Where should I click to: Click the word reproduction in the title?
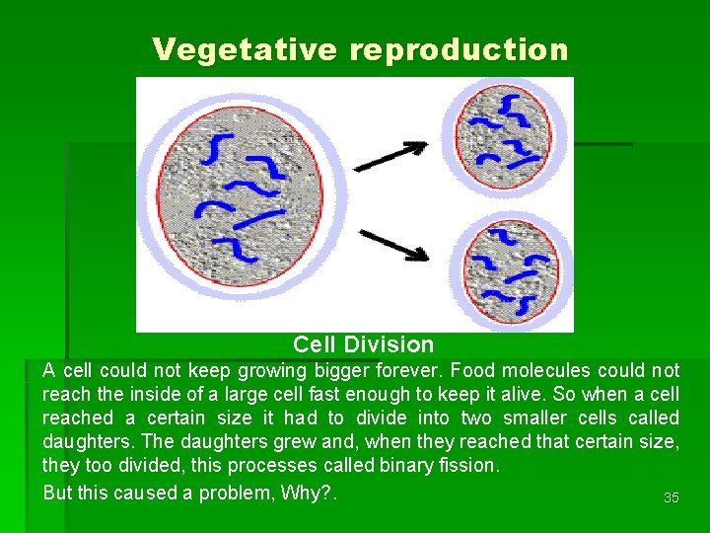coord(459,49)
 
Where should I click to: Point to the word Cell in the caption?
coord(316,344)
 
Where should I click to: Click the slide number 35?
coord(671,497)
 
